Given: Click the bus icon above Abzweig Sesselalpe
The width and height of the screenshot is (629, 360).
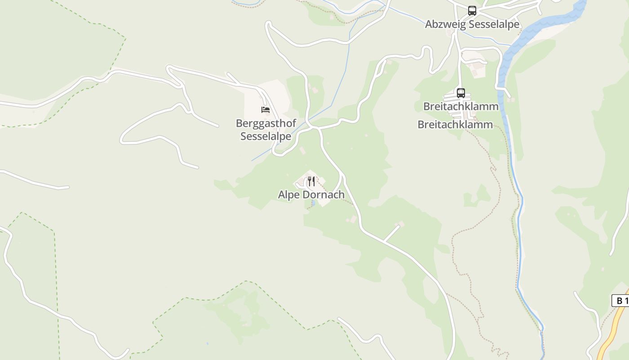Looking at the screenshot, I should click(472, 10).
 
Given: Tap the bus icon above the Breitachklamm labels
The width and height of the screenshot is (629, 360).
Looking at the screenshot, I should click(461, 93).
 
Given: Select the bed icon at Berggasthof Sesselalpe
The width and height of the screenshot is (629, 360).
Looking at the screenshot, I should click(266, 109).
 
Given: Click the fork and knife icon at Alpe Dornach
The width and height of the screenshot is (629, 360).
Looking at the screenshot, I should click(311, 181).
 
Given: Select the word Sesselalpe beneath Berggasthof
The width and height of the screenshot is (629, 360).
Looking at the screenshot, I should click(266, 136).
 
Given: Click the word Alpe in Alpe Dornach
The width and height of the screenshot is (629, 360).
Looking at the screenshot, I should click(288, 195).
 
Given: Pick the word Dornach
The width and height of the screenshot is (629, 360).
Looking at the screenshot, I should click(323, 195).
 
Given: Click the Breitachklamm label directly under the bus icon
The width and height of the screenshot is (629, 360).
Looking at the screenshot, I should click(461, 107).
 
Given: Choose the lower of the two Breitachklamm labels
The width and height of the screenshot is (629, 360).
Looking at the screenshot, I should click(455, 125).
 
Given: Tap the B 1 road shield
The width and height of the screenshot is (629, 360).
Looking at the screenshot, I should click(620, 301).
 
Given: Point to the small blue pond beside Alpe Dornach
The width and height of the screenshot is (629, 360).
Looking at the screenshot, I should click(313, 203).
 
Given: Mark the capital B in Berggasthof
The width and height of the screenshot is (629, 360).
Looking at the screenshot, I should click(239, 123).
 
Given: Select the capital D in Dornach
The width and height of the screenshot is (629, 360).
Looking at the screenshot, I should click(306, 195).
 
